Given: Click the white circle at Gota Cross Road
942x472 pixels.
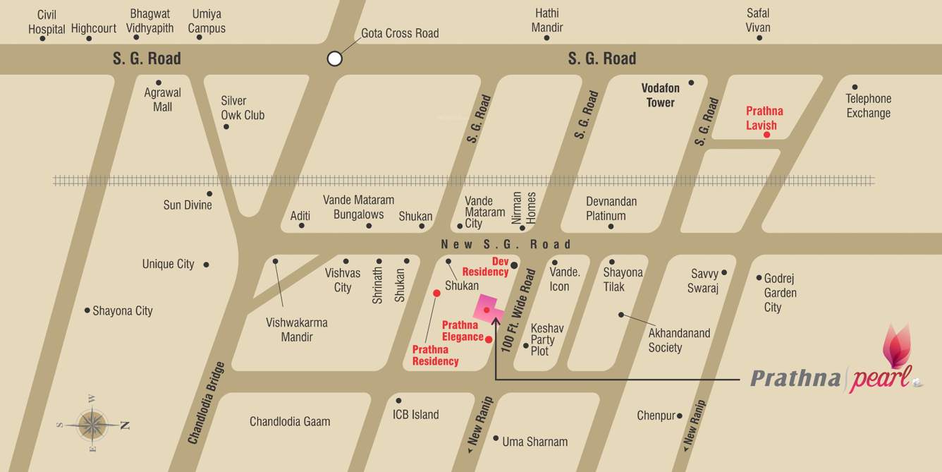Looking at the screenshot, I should pyautogui.click(x=335, y=59).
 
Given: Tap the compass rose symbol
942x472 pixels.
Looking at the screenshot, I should pyautogui.click(x=92, y=425).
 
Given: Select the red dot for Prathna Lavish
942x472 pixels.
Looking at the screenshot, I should pyautogui.click(x=766, y=134).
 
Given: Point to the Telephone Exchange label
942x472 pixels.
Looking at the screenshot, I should pyautogui.click(x=868, y=106).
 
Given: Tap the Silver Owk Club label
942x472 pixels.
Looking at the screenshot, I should pyautogui.click(x=243, y=108).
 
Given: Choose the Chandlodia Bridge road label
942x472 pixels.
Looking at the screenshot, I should pyautogui.click(x=206, y=403).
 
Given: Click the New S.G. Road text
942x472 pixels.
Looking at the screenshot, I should pyautogui.click(x=506, y=244).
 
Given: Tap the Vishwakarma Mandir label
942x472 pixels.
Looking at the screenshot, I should pyautogui.click(x=296, y=329).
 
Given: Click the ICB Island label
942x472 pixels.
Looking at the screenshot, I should pyautogui.click(x=415, y=414).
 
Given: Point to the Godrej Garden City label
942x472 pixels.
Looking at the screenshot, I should pyautogui.click(x=780, y=293).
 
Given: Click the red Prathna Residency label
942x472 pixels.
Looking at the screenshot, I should pyautogui.click(x=435, y=356).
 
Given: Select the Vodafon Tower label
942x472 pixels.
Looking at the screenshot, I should pyautogui.click(x=660, y=95).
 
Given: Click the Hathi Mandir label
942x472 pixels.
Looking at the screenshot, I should pyautogui.click(x=548, y=20).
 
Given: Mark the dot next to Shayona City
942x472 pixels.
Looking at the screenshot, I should pyautogui.click(x=87, y=310).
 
